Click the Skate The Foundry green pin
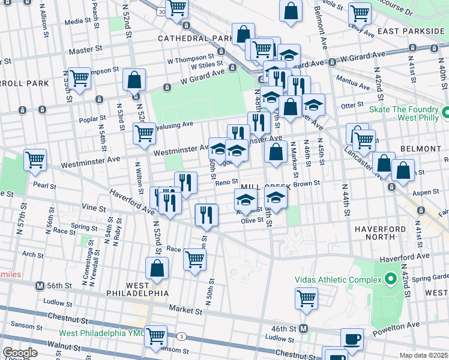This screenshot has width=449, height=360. coord(446,112)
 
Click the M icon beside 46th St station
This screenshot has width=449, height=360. coord(304,328)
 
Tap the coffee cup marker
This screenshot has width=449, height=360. coord(352,339)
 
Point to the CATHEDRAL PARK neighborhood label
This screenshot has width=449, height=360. coord(194,38)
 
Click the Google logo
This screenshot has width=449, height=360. coord(20,353)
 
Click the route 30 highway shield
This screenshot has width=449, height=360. coord(161,11)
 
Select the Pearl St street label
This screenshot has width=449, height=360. coord(45,186)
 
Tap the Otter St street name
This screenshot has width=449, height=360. coord(349,105)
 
